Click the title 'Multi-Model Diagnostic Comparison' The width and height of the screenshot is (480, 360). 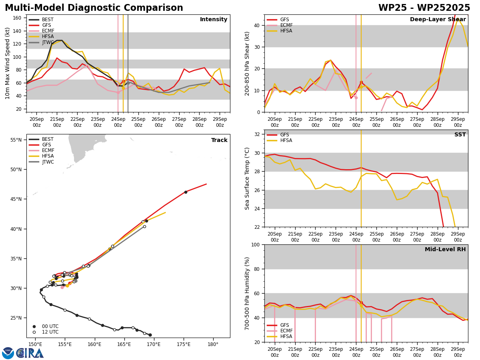(x=94, y=8)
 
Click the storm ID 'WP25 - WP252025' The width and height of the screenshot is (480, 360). (x=424, y=8)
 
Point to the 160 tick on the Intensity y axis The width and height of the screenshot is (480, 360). (x=17, y=18)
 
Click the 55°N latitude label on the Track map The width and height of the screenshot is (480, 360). (x=16, y=140)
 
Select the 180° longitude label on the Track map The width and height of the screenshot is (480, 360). (x=213, y=345)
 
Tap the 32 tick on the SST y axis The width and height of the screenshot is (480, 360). (x=257, y=134)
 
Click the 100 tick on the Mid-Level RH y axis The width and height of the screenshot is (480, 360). (x=256, y=244)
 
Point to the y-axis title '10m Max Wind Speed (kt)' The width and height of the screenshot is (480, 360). (x=7, y=63)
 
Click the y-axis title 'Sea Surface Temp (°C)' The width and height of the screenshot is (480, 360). (x=247, y=178)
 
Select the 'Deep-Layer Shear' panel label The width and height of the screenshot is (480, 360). (x=438, y=19)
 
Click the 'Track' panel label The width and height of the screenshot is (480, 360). (x=219, y=140)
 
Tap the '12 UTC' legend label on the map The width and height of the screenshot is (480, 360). (x=50, y=332)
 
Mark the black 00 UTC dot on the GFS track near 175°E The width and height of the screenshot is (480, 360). (x=186, y=192)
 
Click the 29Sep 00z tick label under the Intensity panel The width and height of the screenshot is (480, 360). (x=220, y=122)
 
